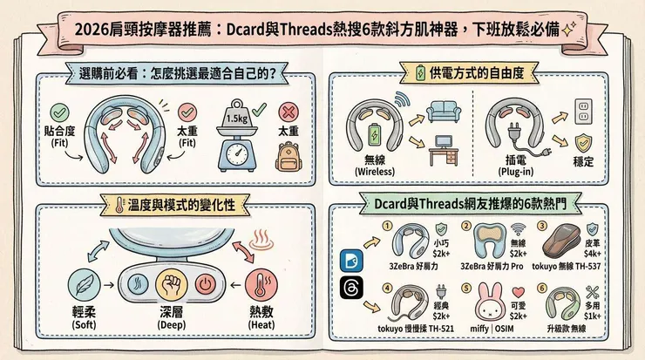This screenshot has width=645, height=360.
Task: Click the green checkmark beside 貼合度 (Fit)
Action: [60, 113]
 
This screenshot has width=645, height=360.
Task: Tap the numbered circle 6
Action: [543, 288]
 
